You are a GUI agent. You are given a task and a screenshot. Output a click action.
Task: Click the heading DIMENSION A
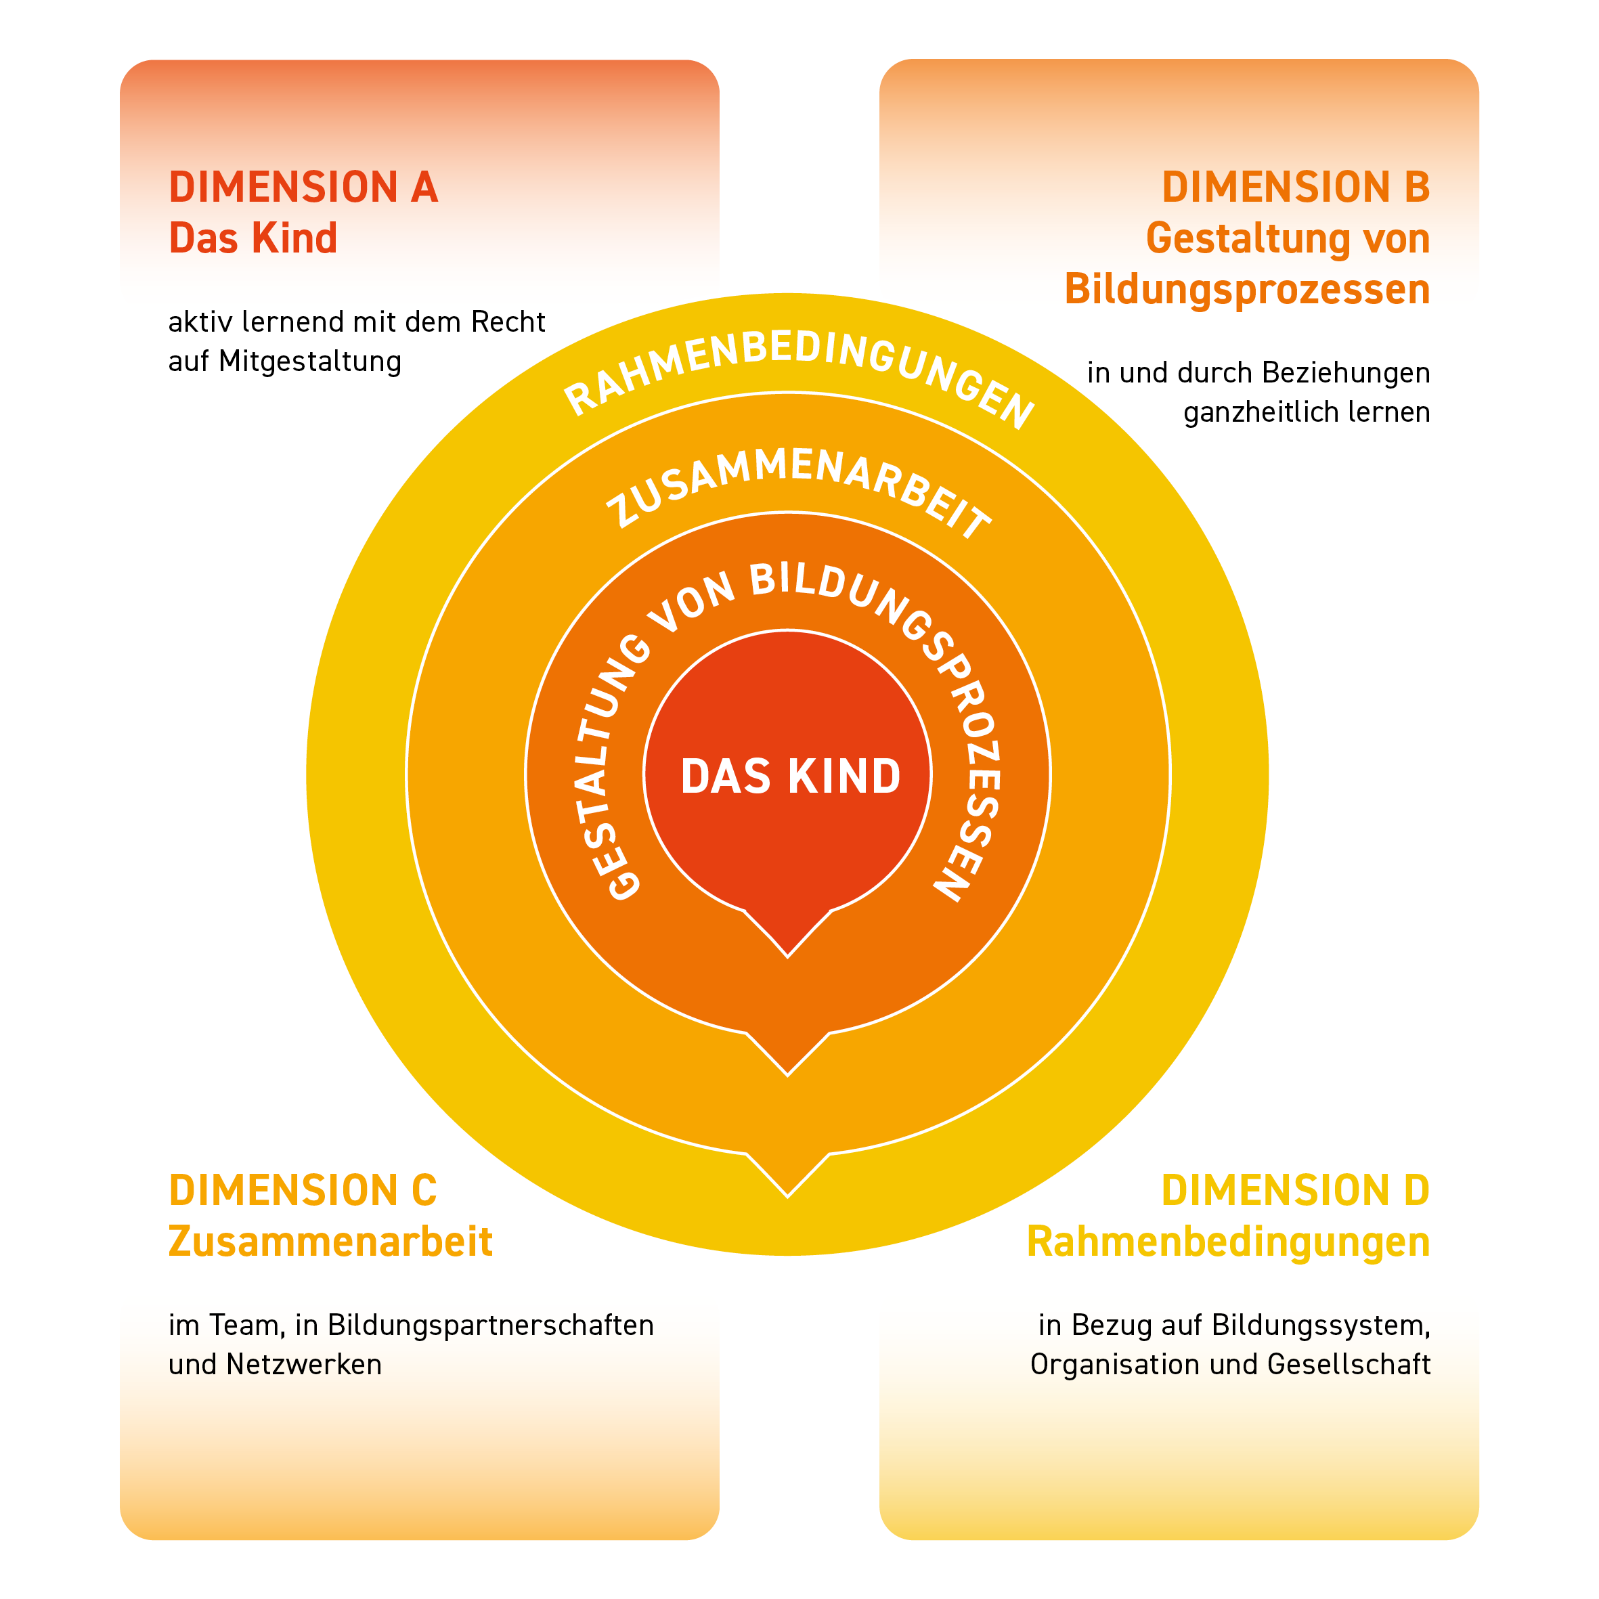(x=303, y=187)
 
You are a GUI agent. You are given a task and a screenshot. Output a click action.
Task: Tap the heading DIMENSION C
(x=303, y=1191)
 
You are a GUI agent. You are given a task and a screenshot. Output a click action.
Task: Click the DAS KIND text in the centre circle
(x=791, y=776)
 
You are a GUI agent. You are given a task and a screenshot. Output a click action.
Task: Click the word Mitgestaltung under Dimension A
(x=310, y=362)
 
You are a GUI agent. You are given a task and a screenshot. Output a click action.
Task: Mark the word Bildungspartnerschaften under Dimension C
(x=491, y=1325)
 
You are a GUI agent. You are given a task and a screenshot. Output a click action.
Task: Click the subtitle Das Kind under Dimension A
(x=253, y=238)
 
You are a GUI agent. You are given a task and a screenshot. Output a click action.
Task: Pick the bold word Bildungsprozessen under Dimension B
(x=1246, y=290)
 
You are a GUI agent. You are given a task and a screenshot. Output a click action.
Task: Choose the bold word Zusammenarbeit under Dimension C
(x=330, y=1242)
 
